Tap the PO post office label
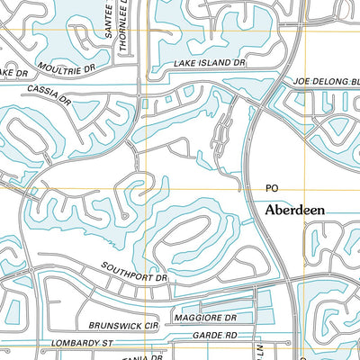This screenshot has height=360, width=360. coord(272,188)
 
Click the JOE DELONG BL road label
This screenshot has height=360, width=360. coord(326,81)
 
